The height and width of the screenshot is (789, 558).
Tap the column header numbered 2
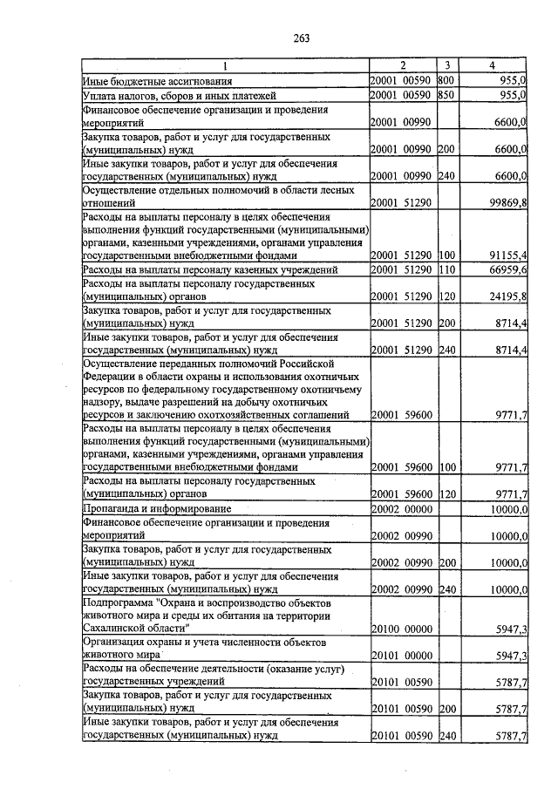(402, 65)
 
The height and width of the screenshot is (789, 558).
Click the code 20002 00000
(401, 508)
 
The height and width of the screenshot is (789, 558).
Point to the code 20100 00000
(401, 628)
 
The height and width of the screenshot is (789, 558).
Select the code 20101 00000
(401, 655)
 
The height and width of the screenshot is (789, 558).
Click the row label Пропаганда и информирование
(157, 508)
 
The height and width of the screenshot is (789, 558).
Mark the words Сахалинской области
(134, 628)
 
